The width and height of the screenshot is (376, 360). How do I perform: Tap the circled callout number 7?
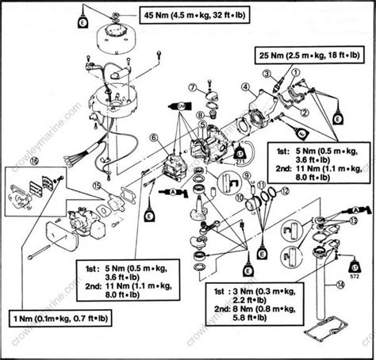click(192, 87)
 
